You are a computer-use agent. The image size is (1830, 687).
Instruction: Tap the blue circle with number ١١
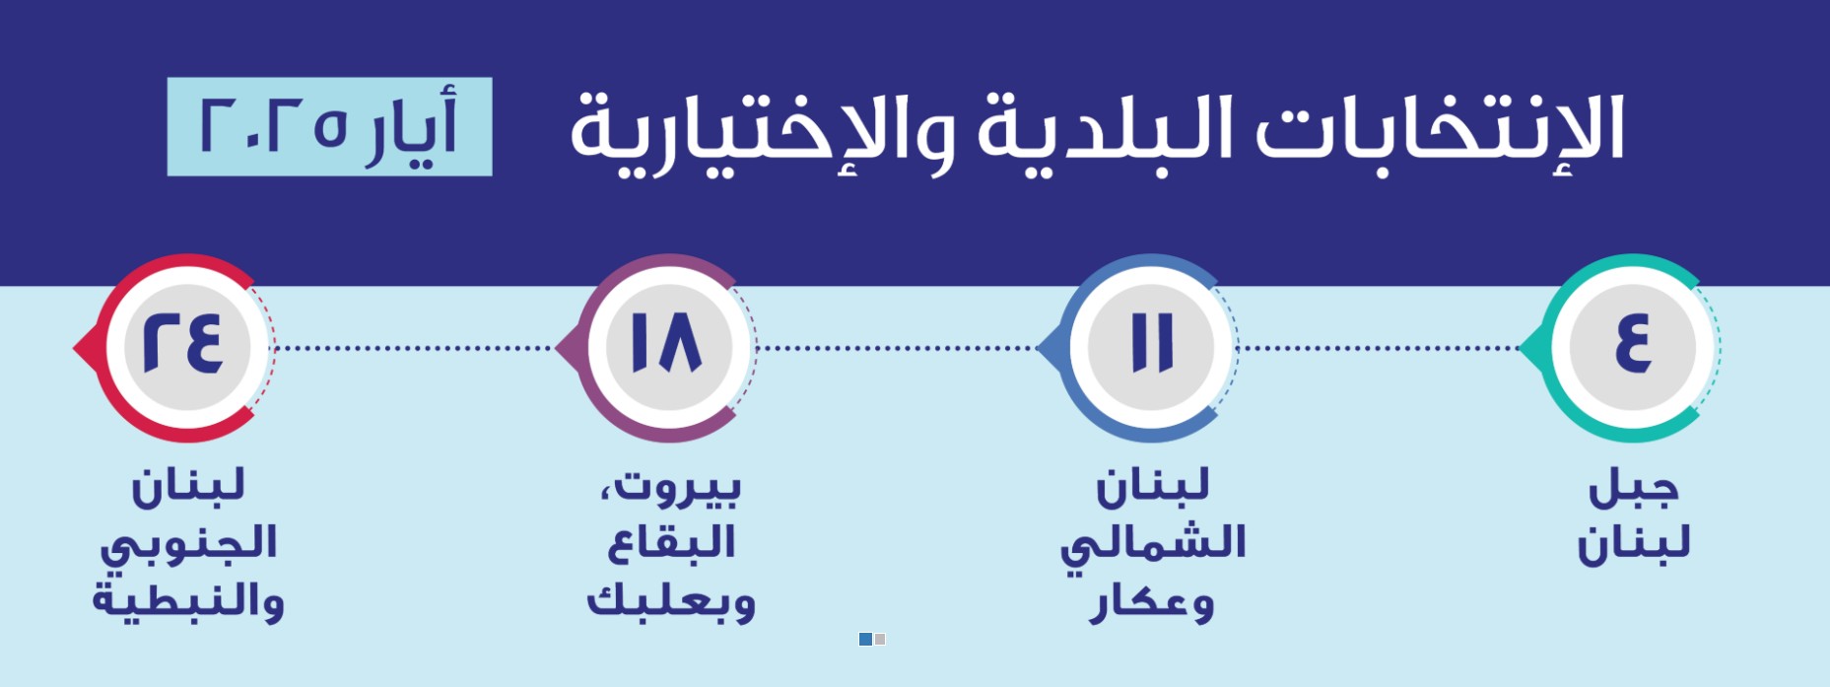[x=1151, y=347]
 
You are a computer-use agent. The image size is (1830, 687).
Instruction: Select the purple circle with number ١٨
[x=668, y=347]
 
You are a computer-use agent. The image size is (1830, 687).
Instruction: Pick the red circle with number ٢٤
[x=185, y=347]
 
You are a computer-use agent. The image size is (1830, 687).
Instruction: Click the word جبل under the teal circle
[x=1633, y=487]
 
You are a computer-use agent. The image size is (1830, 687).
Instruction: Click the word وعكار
[x=1152, y=602]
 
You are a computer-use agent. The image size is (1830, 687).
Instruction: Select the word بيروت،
[x=670, y=487]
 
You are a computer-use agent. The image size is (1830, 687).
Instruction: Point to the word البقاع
[x=671, y=543]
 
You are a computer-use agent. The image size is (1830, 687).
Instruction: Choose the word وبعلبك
[x=671, y=600]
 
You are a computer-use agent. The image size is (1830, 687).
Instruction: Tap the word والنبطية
[x=188, y=600]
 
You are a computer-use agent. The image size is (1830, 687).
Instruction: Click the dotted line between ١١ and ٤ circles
[x=1380, y=348]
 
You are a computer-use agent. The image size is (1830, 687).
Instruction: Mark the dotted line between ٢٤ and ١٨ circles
[x=414, y=348]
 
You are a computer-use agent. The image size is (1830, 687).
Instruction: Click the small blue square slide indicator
[x=865, y=640]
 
